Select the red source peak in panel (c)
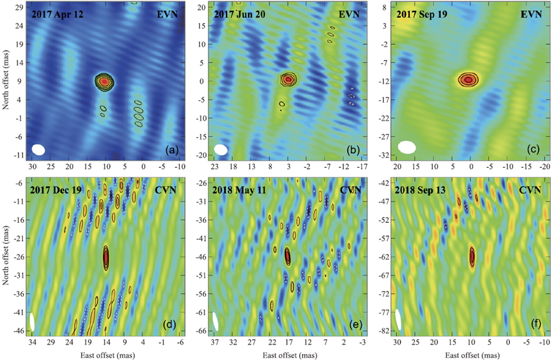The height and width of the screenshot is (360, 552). [x=469, y=80]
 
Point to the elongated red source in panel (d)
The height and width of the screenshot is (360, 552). [x=106, y=258]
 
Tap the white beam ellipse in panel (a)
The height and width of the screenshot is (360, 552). [x=39, y=149]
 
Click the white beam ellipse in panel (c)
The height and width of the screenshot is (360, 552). [x=407, y=147]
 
